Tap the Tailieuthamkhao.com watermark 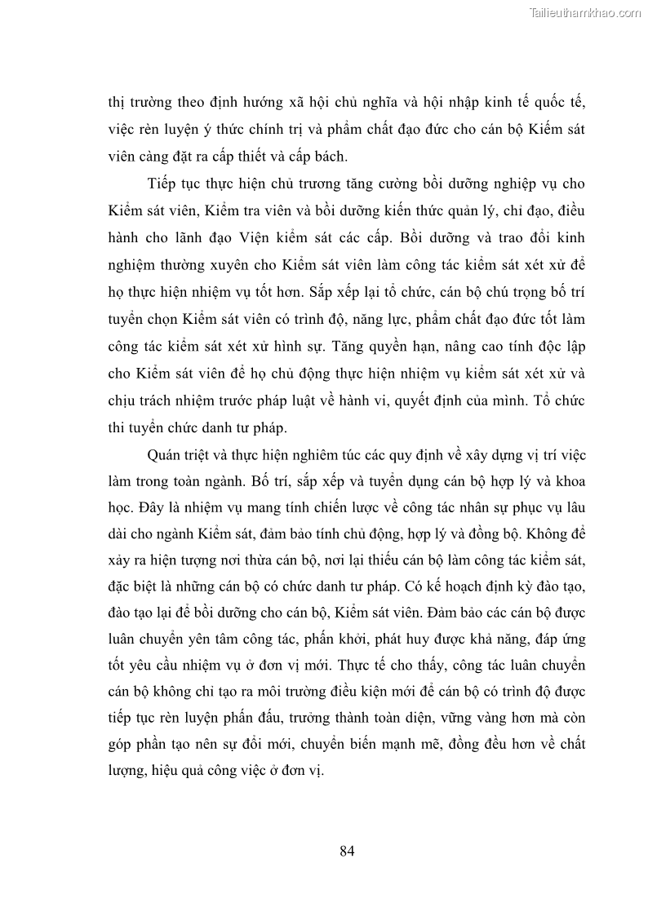coord(586,12)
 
